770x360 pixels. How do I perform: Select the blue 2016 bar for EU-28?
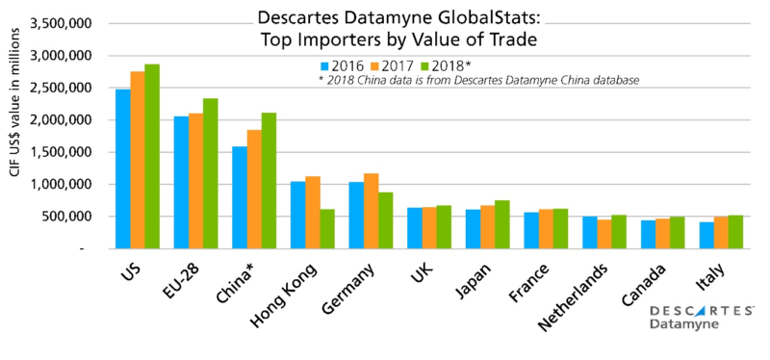point(181,182)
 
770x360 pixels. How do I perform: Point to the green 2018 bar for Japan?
point(502,223)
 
